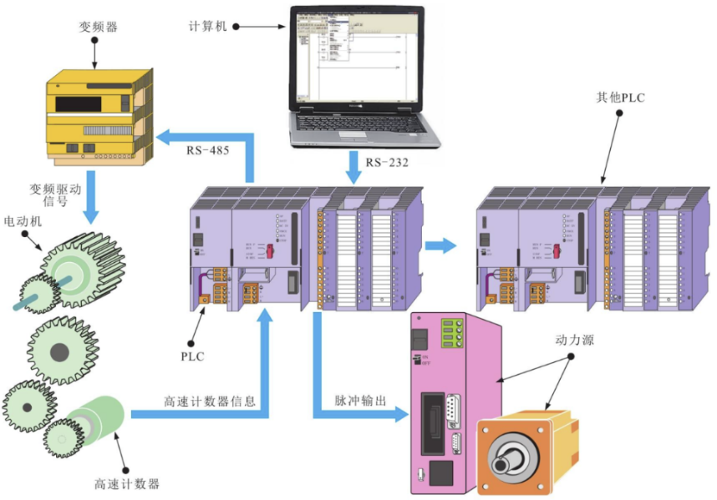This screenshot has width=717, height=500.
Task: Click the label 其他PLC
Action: click(616, 98)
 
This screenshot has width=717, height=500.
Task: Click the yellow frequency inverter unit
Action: click(98, 117)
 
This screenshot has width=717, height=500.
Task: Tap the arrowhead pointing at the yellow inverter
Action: click(167, 135)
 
